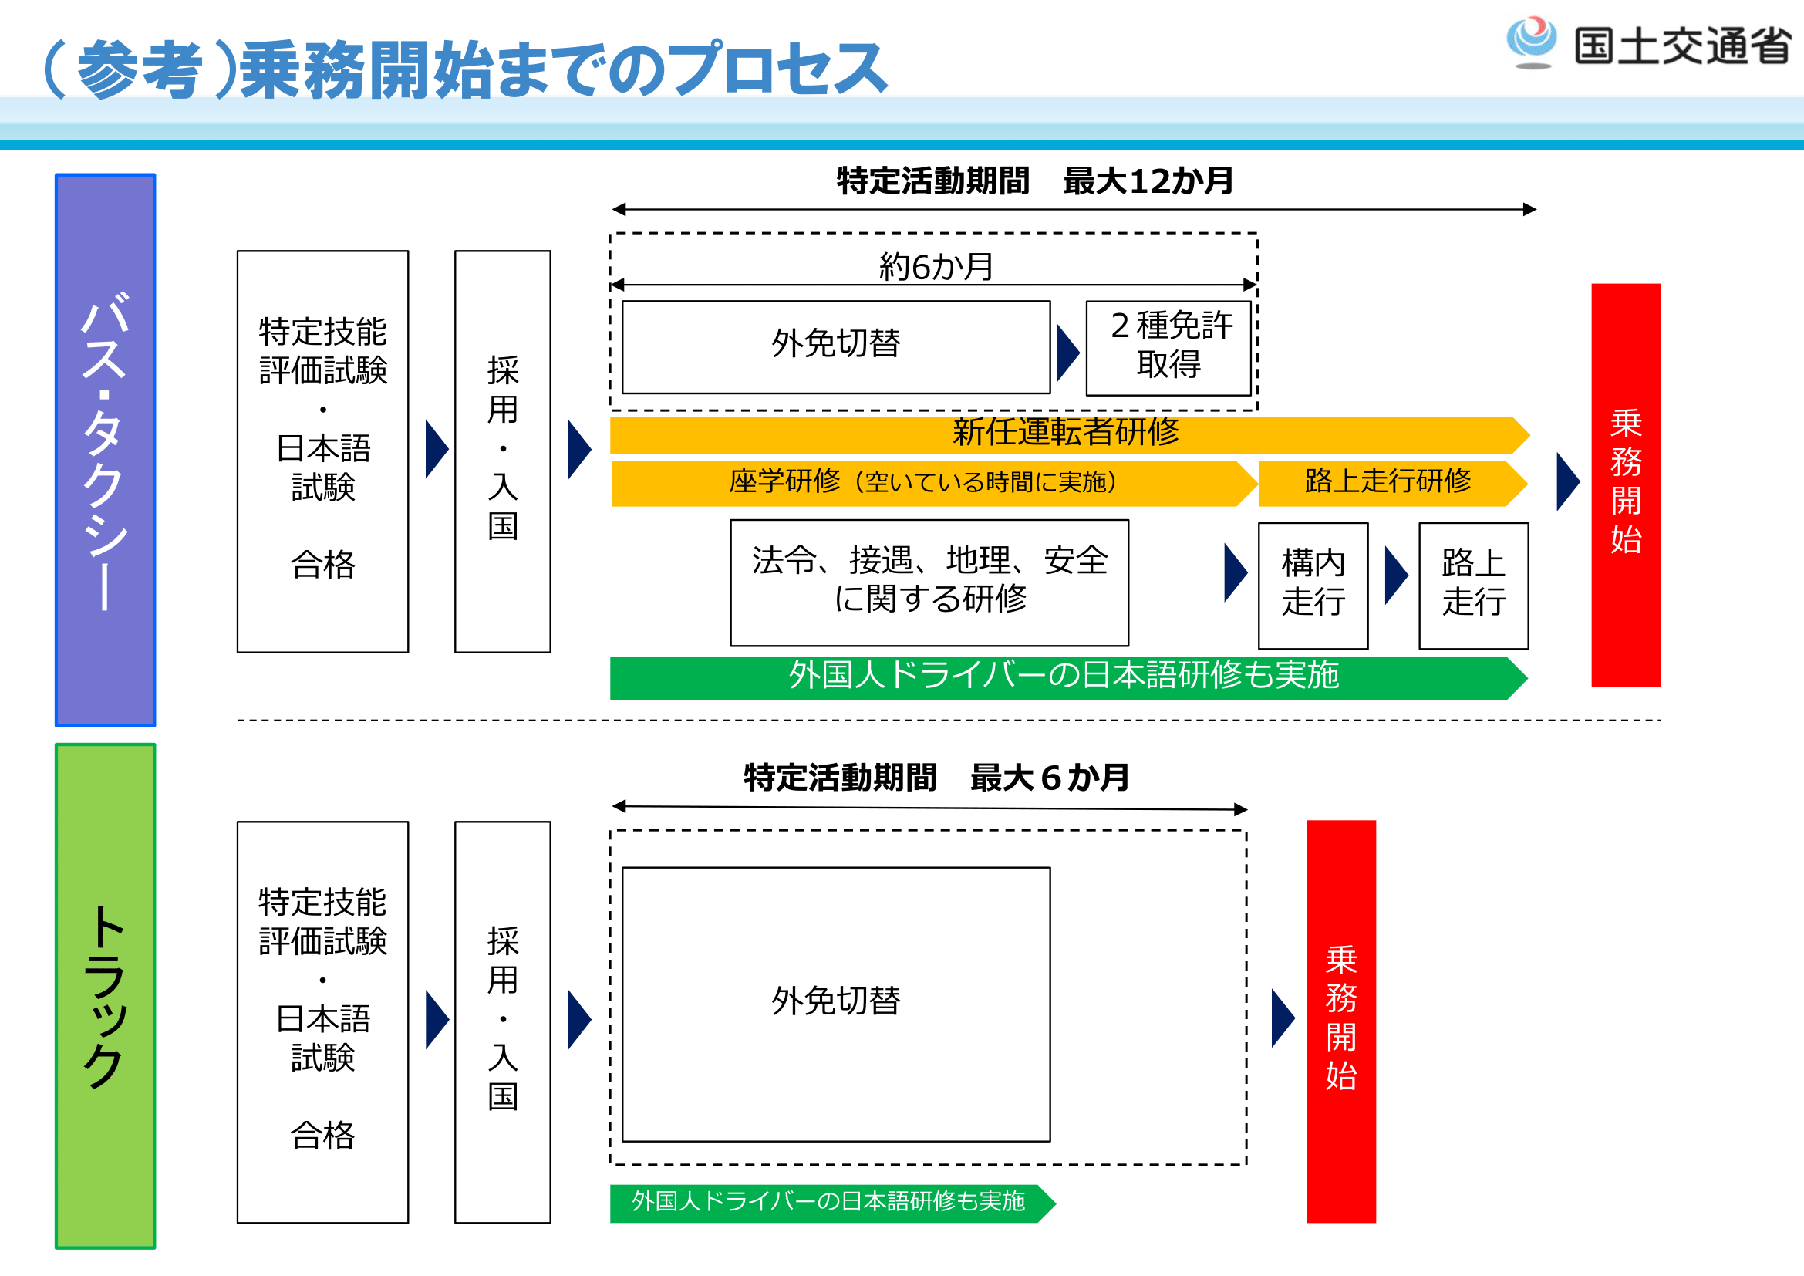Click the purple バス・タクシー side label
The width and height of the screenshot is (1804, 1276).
click(106, 450)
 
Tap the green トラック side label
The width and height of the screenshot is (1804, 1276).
click(106, 994)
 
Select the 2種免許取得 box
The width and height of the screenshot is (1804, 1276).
click(1168, 347)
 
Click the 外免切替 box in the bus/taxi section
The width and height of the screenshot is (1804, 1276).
click(835, 346)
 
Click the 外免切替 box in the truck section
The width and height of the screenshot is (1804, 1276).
click(835, 1004)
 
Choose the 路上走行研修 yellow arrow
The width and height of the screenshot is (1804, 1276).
click(1389, 482)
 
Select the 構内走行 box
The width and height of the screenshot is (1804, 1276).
click(1312, 586)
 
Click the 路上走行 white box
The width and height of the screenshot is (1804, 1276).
click(1472, 586)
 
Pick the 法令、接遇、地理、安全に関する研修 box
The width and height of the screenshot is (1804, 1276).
click(929, 582)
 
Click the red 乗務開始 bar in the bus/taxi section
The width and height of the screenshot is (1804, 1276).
click(1625, 484)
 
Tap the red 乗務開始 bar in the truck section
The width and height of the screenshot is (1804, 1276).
click(1340, 1020)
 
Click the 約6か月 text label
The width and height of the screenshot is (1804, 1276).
click(935, 267)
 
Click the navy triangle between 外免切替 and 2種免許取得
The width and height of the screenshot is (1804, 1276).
click(1067, 353)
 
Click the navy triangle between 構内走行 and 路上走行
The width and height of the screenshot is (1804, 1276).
click(1394, 576)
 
